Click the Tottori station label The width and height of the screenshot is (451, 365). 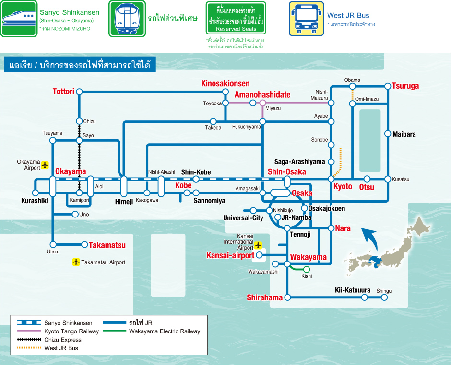tap(63, 91)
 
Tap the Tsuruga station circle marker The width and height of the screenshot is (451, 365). tap(388, 86)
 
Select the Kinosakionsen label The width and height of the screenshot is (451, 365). tap(225, 83)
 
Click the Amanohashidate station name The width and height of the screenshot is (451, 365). tap(262, 95)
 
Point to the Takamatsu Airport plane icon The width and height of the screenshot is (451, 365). tap(76, 262)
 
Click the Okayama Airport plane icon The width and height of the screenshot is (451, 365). tap(45, 165)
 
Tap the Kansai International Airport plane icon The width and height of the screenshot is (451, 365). tap(258, 245)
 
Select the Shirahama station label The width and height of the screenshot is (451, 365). tap(265, 297)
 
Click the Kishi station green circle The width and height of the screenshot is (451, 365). tap(307, 269)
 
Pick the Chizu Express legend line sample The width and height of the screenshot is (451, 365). tap(29, 340)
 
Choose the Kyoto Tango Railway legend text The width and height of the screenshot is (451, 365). tap(71, 331)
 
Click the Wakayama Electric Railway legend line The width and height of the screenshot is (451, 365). tap(115, 331)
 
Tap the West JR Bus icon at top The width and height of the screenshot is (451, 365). tap(306, 19)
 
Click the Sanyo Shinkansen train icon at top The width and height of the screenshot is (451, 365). tap(19, 19)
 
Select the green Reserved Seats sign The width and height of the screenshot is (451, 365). tap(236, 18)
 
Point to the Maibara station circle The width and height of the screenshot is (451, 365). tap(388, 134)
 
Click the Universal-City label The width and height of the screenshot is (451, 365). tap(243, 218)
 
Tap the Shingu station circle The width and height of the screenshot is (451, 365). tap(384, 297)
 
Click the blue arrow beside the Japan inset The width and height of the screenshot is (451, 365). tap(371, 239)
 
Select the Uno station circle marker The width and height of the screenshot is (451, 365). tap(75, 214)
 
